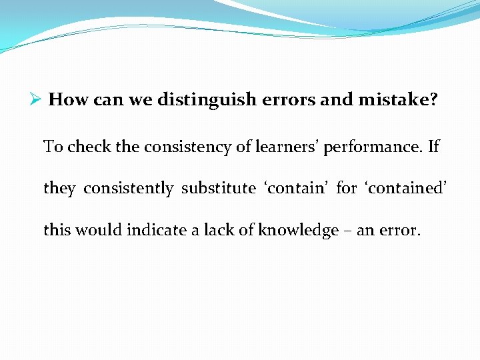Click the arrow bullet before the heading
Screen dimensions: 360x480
(37, 100)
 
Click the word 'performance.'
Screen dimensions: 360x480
(373, 147)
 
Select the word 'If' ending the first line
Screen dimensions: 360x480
(433, 146)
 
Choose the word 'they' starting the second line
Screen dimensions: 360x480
(59, 189)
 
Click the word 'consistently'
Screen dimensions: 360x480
(129, 189)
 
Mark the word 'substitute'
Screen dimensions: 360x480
(218, 188)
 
